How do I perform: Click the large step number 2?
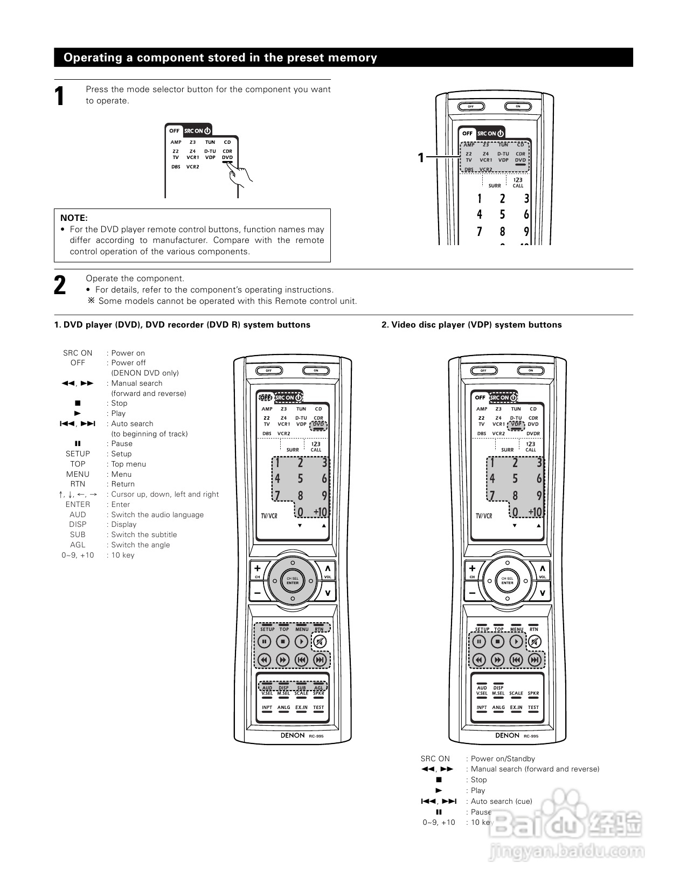[60, 285]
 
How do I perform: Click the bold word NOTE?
[74, 218]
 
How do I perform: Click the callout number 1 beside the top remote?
[421, 158]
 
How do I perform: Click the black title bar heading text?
[220, 58]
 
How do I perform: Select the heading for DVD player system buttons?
[182, 325]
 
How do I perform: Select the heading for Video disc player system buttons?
[471, 325]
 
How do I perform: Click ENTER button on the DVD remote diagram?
[293, 581]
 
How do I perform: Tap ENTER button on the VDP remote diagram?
[508, 581]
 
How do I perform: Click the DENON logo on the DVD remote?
[293, 735]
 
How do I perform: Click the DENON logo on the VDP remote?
[508, 735]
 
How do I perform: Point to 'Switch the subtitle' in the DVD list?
[144, 534]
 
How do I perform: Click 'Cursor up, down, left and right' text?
[165, 494]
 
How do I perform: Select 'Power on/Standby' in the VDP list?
[503, 759]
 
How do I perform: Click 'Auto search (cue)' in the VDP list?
[501, 801]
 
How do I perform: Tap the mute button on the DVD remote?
[320, 642]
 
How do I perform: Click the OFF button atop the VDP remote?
[483, 371]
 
